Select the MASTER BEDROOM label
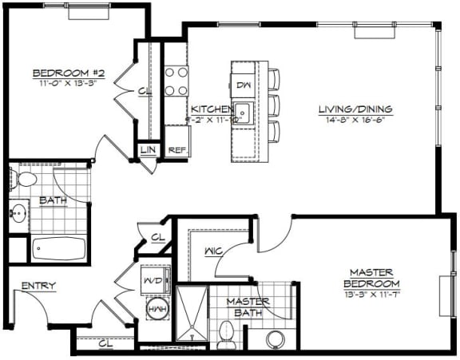[x=371, y=277]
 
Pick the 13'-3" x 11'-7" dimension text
[x=371, y=295]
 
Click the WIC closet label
[x=212, y=251]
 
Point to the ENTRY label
[x=38, y=286]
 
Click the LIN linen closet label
[x=148, y=149]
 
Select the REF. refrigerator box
[x=176, y=149]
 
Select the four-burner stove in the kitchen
[x=176, y=80]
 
